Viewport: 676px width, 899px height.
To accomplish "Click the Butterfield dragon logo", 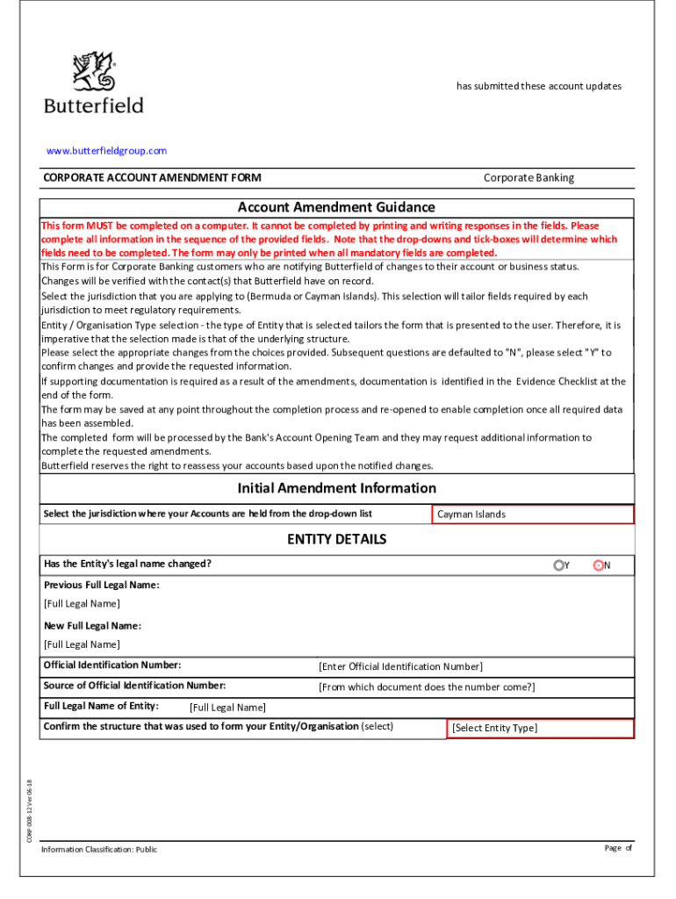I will coord(94,71).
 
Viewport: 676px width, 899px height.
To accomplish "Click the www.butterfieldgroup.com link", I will coord(106,151).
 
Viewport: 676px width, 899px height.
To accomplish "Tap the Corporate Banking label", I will coord(529,177).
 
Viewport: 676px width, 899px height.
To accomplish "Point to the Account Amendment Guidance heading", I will coord(336,207).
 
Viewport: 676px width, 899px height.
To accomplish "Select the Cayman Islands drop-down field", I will coord(532,514).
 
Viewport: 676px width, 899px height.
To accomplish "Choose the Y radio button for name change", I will coord(558,565).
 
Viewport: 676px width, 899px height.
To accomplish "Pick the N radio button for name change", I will coord(599,565).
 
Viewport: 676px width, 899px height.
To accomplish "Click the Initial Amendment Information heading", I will coord(336,488).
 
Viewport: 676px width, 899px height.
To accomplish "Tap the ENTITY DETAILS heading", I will coord(336,539).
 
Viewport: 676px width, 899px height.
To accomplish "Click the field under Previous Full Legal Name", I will coord(83,604).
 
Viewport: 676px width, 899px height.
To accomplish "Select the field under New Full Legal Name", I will coord(83,644).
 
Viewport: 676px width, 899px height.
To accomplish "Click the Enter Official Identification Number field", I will coord(400,667).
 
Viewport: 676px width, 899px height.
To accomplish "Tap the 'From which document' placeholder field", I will coord(427,687).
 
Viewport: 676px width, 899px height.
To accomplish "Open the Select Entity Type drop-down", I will coord(539,728).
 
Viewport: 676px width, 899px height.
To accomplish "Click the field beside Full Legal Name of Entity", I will coord(227,708).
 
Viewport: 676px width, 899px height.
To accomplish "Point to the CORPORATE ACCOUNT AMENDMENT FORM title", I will coord(152,177).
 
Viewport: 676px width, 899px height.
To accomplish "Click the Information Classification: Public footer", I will coord(99,849).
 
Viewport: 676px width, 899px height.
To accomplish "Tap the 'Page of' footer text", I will coord(618,847).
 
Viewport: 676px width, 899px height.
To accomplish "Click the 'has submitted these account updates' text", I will coord(538,86).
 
